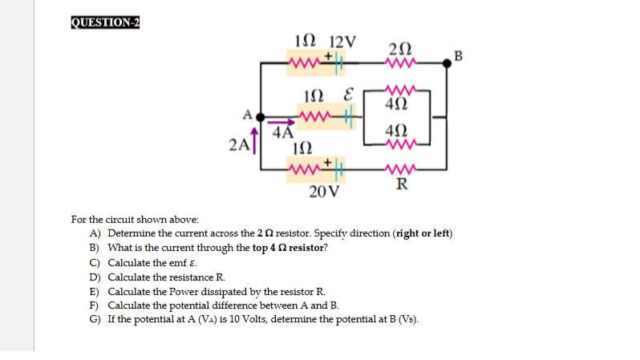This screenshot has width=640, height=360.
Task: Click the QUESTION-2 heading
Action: click(x=105, y=22)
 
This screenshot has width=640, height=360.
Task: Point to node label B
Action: click(x=458, y=55)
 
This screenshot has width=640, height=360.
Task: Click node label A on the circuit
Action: click(x=249, y=112)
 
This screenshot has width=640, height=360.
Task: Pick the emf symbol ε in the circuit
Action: click(x=348, y=99)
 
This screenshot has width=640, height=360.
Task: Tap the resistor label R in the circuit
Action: click(x=400, y=187)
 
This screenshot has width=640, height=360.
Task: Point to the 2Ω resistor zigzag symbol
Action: click(x=400, y=63)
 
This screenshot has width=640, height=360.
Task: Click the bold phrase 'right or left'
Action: click(x=423, y=233)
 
